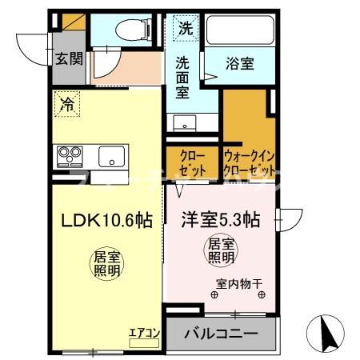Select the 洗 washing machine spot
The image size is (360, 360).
click(185, 28)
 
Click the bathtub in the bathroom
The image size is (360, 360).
click(240, 31)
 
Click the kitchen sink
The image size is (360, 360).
click(113, 156)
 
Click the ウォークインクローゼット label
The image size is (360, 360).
click(250, 163)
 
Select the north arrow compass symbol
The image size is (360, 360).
click(328, 330)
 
